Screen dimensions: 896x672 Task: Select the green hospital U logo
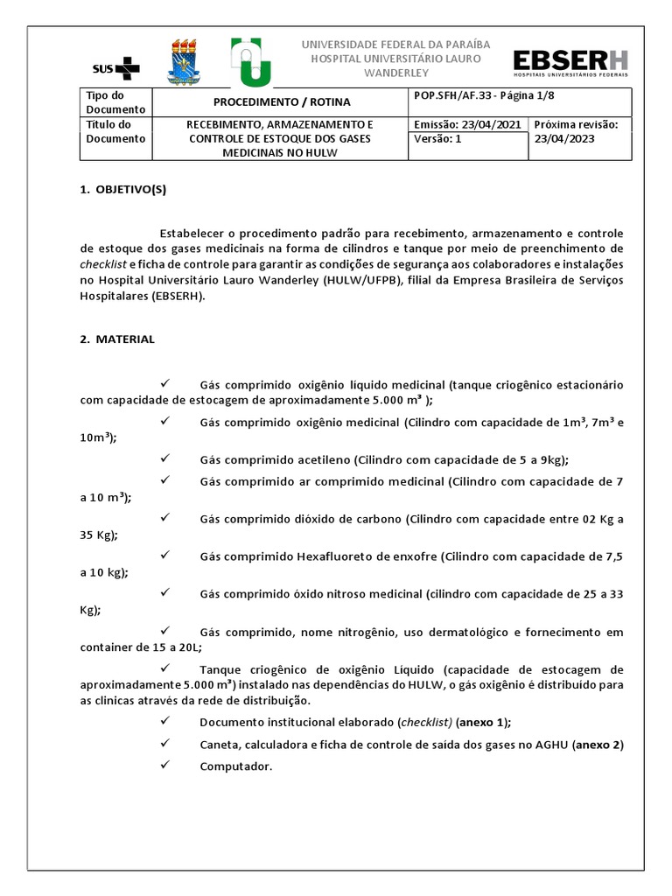(250, 61)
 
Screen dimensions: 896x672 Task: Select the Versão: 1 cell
(437, 138)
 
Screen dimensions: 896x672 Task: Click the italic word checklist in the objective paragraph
(103, 264)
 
